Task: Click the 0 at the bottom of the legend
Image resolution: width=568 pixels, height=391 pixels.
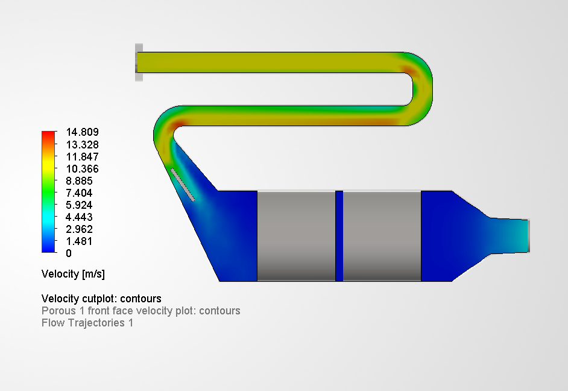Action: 69,253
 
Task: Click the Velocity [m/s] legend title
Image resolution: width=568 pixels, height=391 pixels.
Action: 73,274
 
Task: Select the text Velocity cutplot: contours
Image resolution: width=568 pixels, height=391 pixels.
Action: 101,299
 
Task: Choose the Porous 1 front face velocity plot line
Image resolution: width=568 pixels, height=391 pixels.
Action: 140,311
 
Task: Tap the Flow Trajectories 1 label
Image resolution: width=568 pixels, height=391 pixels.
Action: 87,323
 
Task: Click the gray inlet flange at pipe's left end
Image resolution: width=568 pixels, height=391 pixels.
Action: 139,62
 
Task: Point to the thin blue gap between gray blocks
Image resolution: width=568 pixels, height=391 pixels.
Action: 339,236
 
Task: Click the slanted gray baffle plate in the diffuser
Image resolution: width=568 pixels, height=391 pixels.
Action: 183,185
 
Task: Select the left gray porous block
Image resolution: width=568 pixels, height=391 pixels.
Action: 296,236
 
